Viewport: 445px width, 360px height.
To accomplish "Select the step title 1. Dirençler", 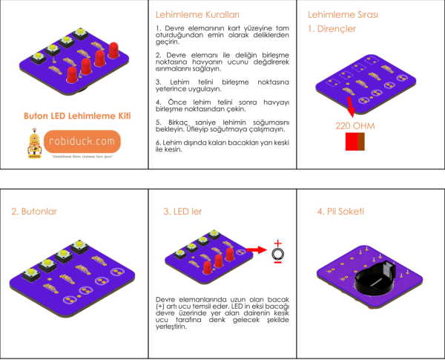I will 332,30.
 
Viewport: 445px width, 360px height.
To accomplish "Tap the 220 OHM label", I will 355,126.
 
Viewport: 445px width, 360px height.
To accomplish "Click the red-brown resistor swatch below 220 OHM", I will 355,143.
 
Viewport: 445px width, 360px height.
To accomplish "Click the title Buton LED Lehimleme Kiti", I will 73,116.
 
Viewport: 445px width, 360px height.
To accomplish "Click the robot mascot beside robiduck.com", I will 32,144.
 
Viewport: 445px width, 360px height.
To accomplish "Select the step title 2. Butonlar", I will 34,212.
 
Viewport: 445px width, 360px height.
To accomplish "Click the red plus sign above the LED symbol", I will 278,243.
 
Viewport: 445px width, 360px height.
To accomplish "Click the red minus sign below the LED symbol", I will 278,266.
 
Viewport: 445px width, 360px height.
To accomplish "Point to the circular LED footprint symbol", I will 278,255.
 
